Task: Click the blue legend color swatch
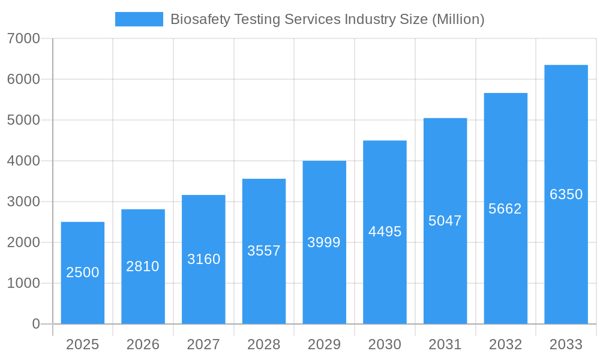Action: click(139, 19)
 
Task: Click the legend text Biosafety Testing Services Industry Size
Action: click(327, 19)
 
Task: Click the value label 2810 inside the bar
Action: click(143, 266)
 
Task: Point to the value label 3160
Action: click(203, 259)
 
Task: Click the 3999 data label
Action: click(324, 242)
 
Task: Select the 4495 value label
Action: click(385, 232)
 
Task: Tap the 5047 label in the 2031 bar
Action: click(445, 221)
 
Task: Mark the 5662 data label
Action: click(505, 209)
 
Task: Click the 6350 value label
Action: click(566, 194)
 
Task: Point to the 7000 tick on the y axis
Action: click(23, 39)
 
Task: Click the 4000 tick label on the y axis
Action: click(23, 161)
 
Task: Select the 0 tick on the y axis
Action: click(35, 324)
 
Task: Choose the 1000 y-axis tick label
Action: click(23, 283)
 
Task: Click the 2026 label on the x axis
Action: click(143, 344)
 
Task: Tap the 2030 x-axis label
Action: click(385, 344)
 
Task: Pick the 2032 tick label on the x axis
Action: click(505, 344)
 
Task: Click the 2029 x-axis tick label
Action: click(324, 344)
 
